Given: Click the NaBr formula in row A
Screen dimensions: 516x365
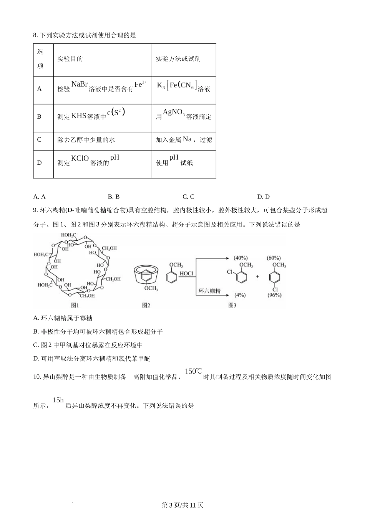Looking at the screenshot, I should [80, 84].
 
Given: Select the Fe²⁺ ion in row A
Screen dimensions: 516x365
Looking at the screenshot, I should [140, 84].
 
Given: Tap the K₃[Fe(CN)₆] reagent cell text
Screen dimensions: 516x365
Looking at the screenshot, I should [177, 86].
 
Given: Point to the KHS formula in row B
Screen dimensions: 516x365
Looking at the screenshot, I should [79, 116].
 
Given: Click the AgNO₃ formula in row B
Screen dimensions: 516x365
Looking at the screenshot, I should [174, 112].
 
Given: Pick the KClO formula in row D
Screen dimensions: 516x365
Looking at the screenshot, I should [80, 158].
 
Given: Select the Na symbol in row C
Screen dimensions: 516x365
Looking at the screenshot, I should [187, 139].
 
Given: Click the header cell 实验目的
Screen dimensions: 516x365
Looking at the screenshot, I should [70, 59].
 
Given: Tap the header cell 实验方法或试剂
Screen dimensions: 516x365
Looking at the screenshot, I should [178, 59].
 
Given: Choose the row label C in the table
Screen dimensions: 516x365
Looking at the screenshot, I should [39, 140].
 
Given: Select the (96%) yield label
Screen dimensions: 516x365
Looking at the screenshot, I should [274, 295].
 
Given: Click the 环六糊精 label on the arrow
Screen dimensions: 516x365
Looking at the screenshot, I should [210, 291].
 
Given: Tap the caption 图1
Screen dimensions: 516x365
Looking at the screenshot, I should [75, 305].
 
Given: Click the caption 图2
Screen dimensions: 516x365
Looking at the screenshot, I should [146, 305].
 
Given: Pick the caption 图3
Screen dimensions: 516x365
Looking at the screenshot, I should [232, 305].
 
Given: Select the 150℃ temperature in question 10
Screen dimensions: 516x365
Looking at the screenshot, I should [193, 371].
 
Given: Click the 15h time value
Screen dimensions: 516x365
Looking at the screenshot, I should [58, 400].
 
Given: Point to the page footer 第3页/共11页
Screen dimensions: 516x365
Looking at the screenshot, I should [182, 505].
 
